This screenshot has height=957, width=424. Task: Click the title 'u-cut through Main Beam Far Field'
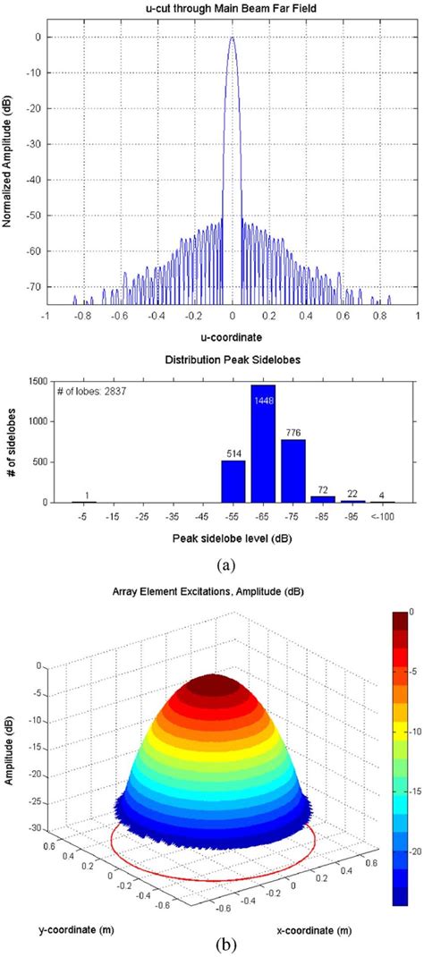[232, 10]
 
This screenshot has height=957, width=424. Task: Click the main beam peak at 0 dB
[232, 38]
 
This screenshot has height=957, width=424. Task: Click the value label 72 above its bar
[323, 488]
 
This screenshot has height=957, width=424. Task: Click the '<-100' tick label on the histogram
[382, 517]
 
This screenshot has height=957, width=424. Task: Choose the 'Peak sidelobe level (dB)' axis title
[232, 540]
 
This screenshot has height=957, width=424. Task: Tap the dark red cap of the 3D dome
[212, 684]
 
